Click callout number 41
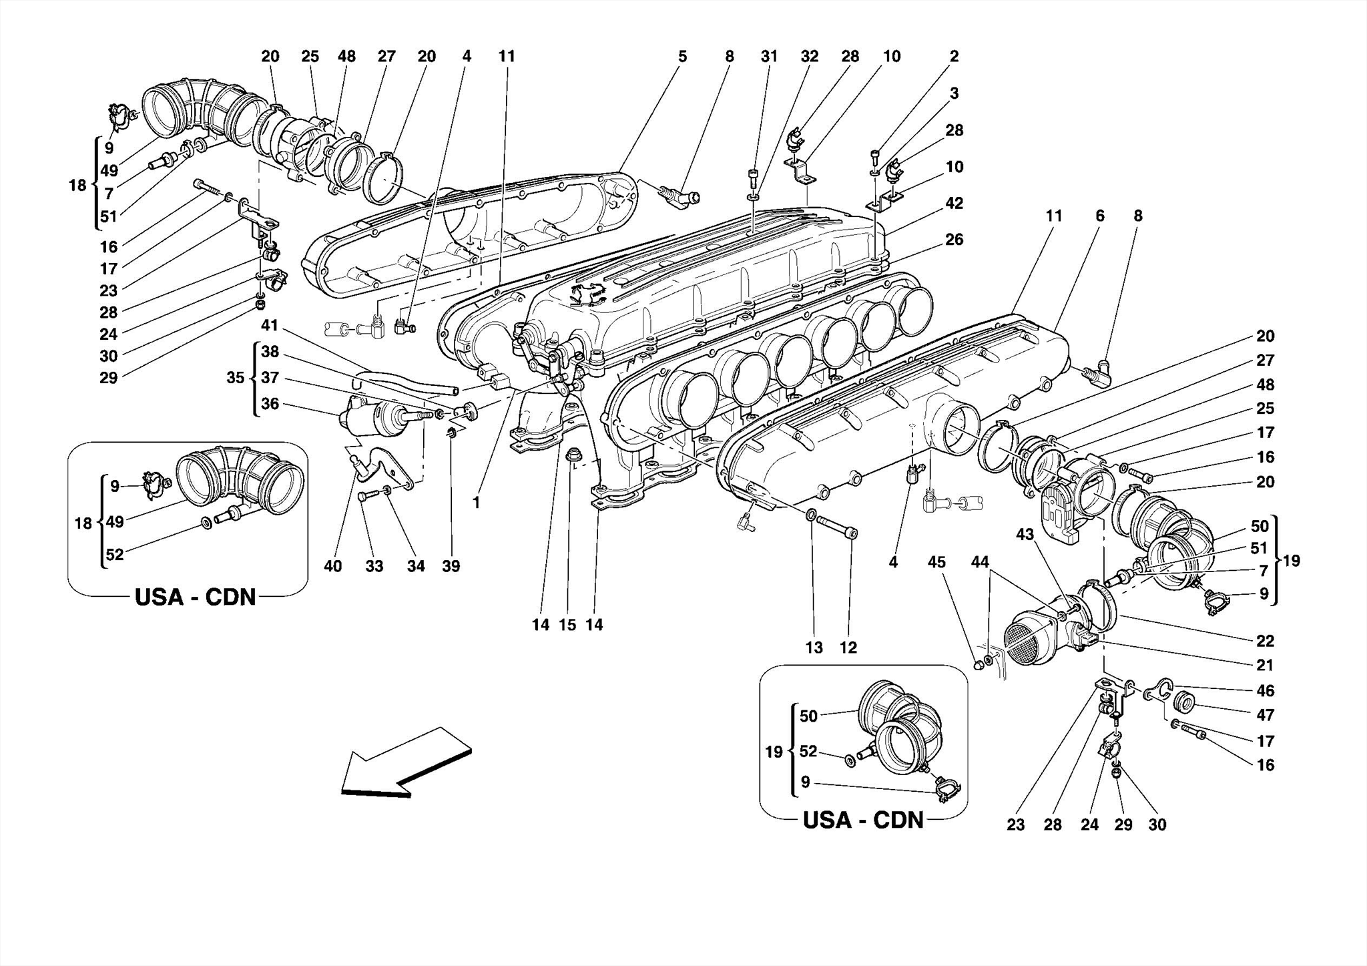270,326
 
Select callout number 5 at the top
682,57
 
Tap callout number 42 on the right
954,203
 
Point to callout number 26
954,239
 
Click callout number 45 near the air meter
936,562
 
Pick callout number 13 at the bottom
814,647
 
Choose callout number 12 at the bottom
848,647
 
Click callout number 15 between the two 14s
567,625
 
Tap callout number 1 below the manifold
477,503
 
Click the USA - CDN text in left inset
196,596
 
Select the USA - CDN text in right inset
863,819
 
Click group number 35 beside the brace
235,378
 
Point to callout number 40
332,566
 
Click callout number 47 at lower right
1265,715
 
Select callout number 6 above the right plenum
1100,216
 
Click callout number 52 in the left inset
115,554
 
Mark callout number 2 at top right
954,57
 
